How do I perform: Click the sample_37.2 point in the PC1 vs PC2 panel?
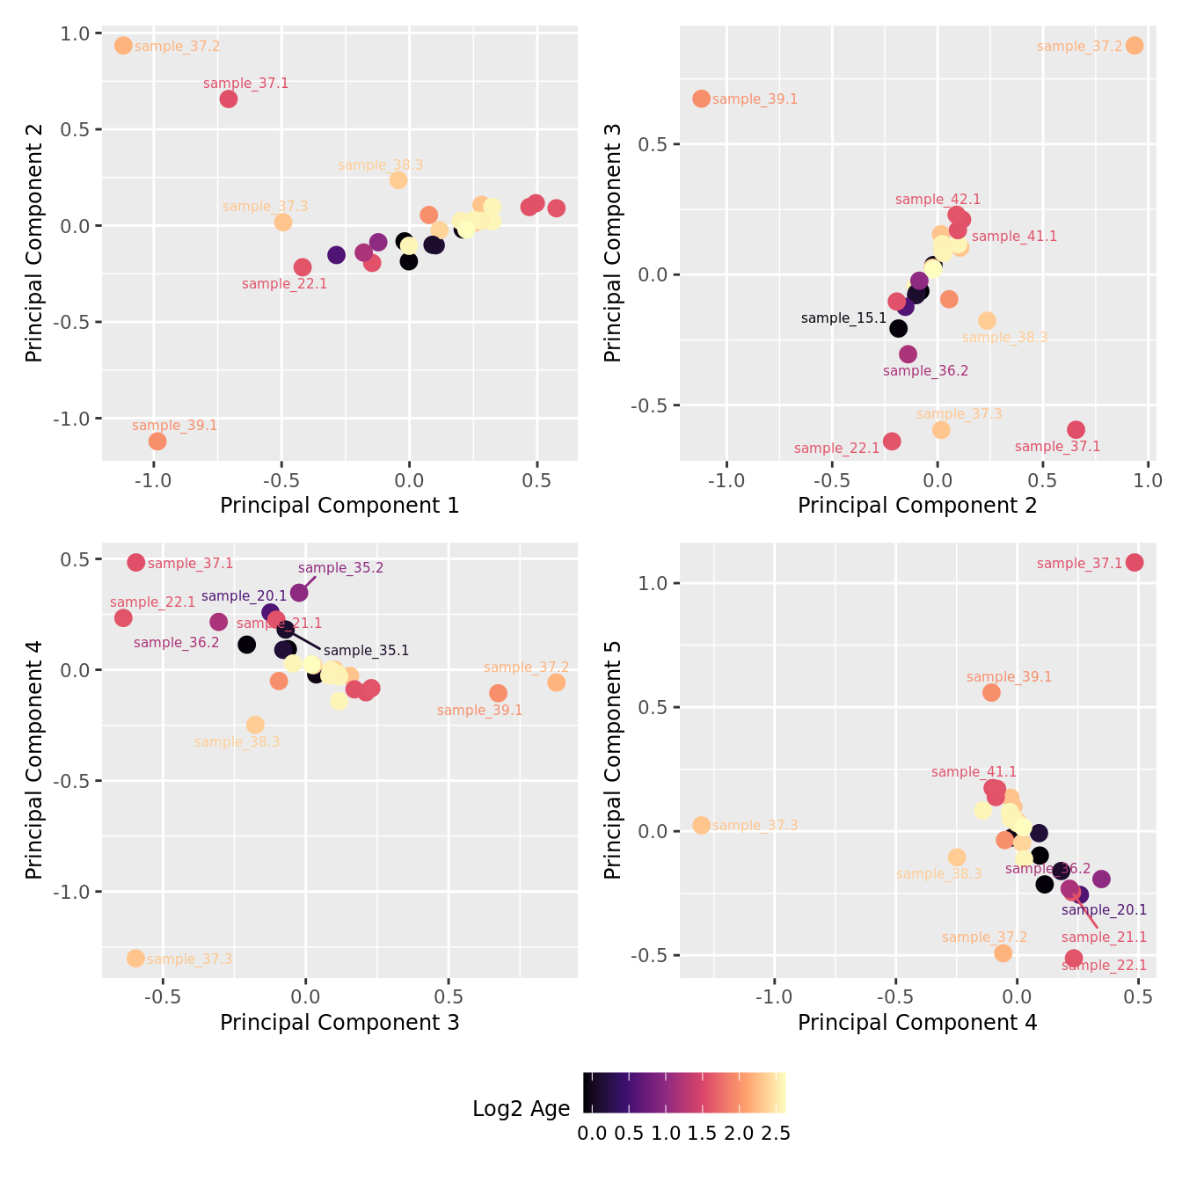point(123,45)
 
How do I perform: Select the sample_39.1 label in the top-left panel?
point(174,426)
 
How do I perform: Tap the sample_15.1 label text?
point(843,318)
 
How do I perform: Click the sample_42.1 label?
point(938,200)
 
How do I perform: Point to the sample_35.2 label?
point(340,568)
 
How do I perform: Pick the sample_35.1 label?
point(366,651)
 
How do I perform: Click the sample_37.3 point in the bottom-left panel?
point(135,958)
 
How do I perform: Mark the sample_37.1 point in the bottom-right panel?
point(1135,562)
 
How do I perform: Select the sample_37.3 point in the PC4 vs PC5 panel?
point(701,825)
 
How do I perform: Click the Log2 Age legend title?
point(521,1109)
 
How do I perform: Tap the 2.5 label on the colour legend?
point(775,1134)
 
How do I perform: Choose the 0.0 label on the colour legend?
point(592,1134)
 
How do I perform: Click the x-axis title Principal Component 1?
point(339,506)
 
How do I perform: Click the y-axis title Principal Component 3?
point(613,242)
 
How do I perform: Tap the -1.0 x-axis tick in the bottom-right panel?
point(774,997)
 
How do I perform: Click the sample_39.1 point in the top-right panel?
point(701,98)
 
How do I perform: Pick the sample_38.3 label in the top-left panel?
point(380,165)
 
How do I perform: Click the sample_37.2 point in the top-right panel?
point(1135,45)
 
